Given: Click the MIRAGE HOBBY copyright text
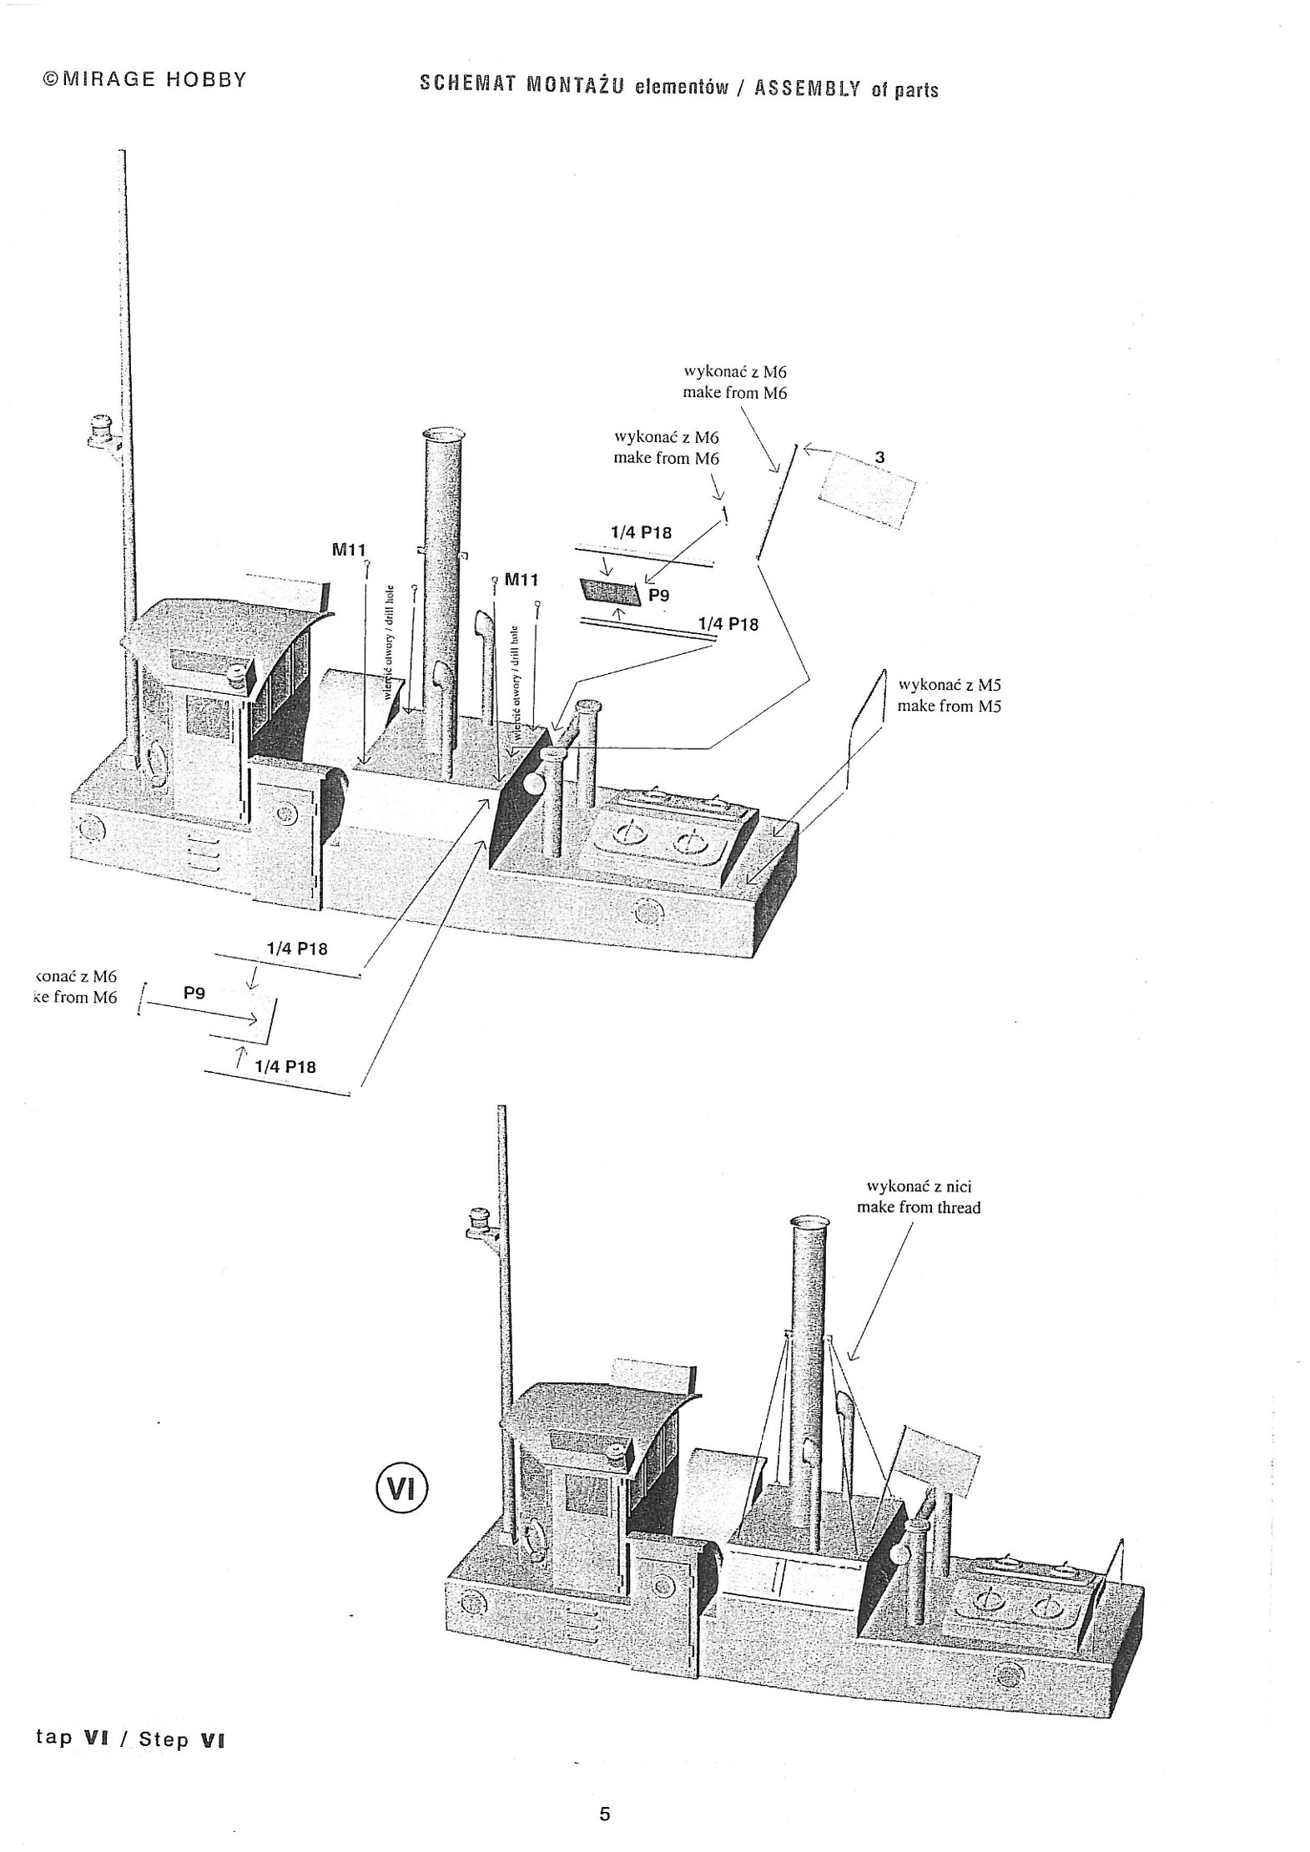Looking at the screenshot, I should coord(144,79).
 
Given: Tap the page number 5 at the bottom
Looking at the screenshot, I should coord(605,1814).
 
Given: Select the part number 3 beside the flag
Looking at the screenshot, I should coord(879,457).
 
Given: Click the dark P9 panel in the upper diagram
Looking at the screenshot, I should coord(611,591).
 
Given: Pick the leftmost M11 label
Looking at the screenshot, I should coord(349,549).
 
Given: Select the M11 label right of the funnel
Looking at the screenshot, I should coord(521,579).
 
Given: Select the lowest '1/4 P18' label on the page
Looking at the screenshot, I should coord(285,1066).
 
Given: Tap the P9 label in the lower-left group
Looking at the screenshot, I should coord(194,993).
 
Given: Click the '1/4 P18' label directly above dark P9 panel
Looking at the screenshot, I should coord(641,532).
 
